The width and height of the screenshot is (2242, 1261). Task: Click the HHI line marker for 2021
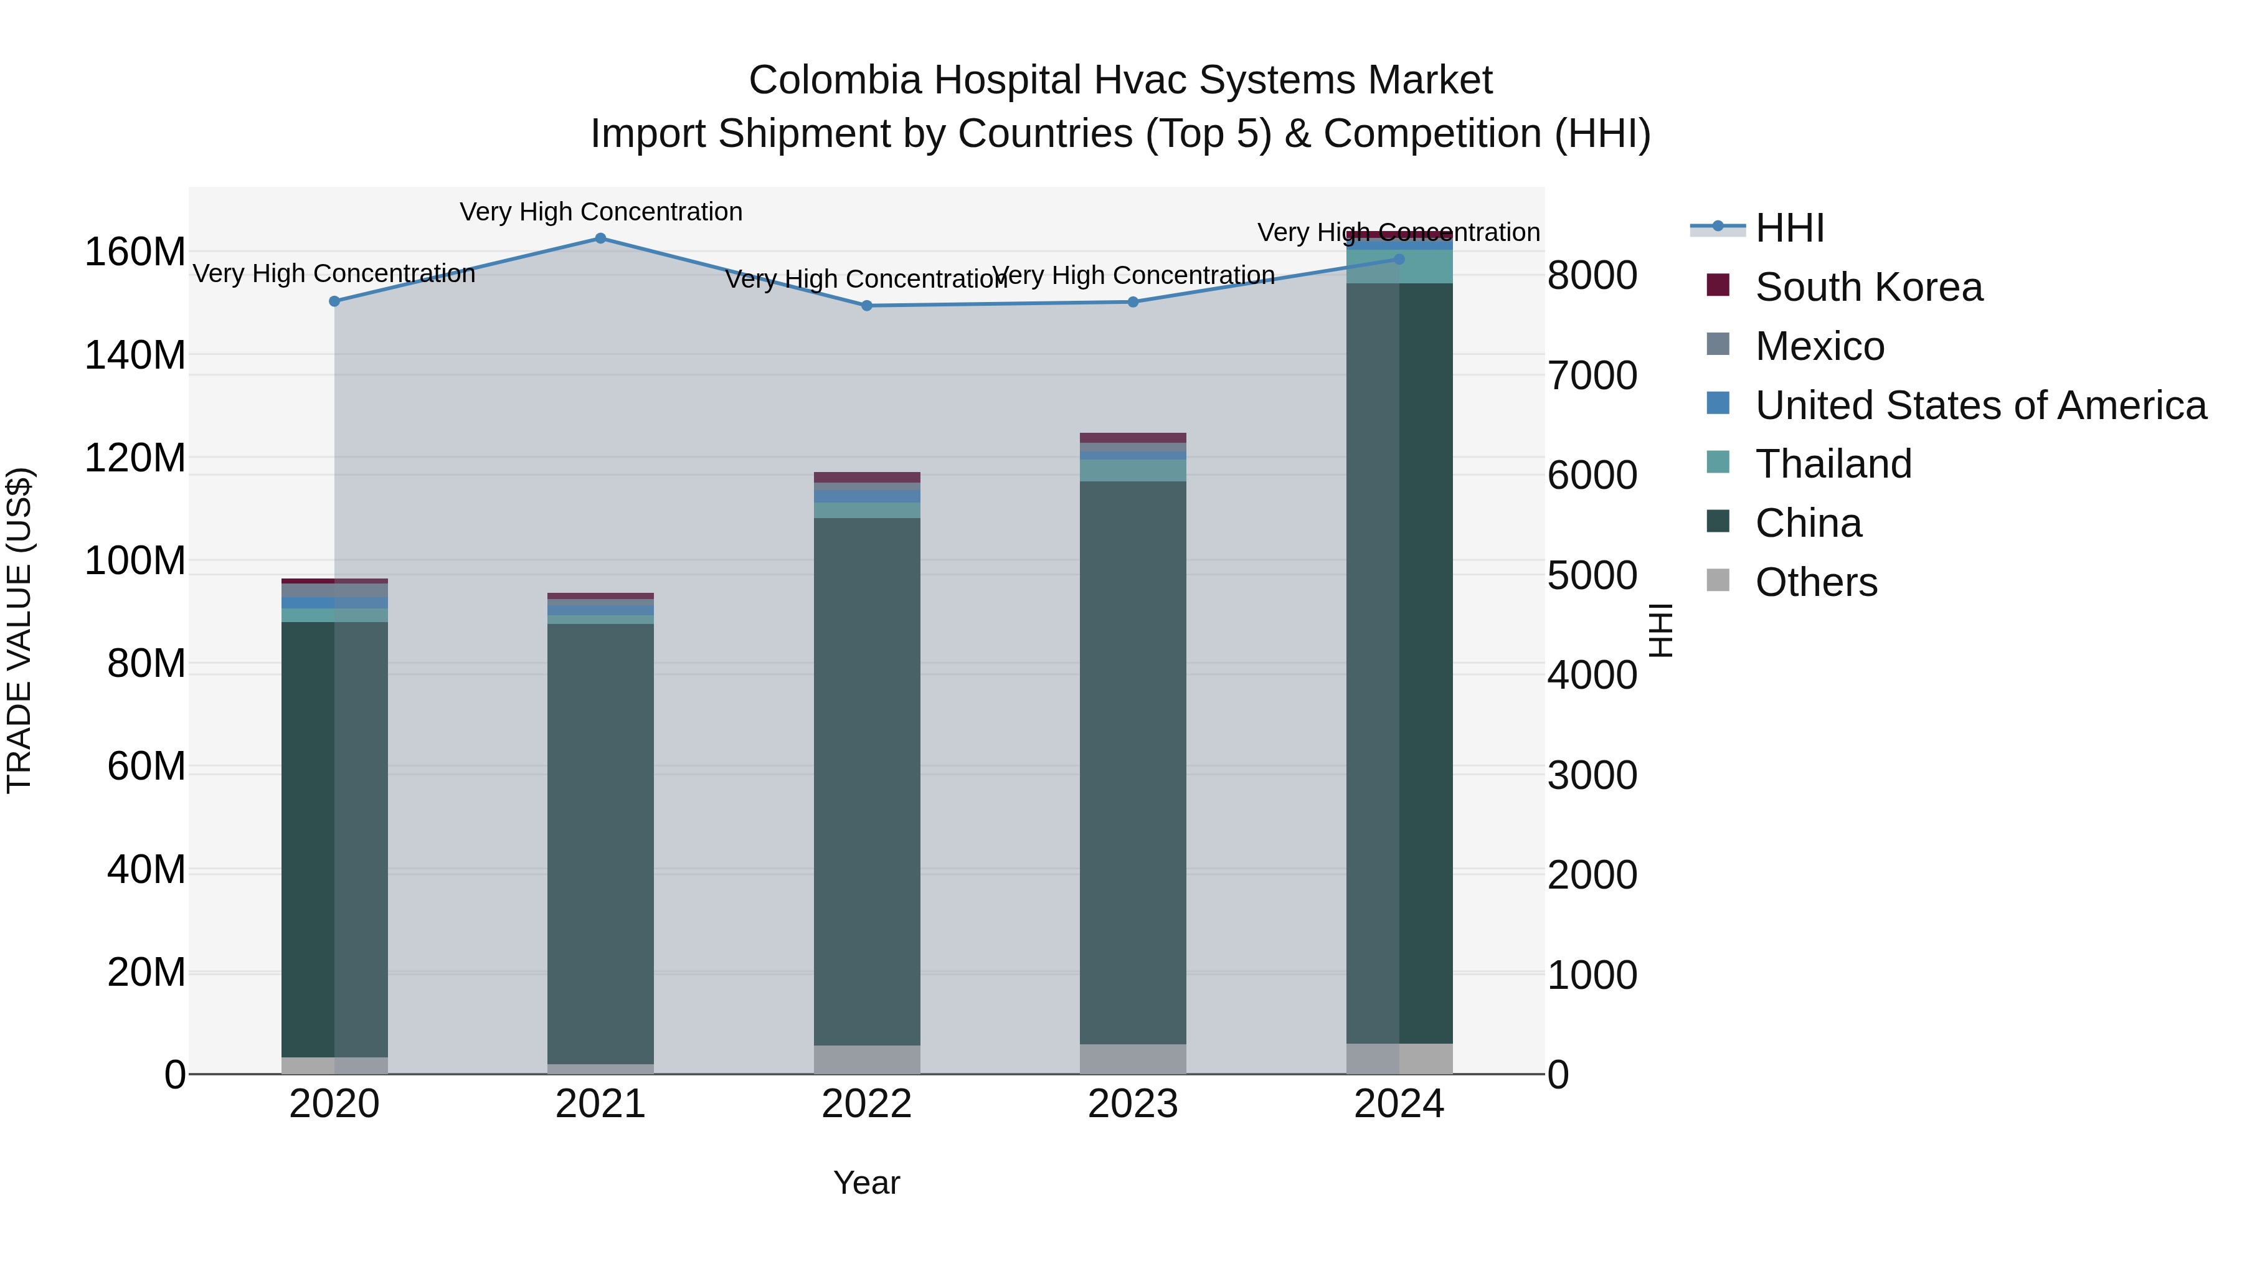point(600,239)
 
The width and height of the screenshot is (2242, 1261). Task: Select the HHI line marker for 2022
point(867,306)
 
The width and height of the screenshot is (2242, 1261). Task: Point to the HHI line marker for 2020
point(334,301)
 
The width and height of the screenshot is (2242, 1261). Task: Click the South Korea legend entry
point(1868,287)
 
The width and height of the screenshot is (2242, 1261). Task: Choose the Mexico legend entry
point(1820,346)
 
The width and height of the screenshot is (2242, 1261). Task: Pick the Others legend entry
point(1817,582)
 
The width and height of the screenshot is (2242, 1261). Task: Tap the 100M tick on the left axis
point(135,560)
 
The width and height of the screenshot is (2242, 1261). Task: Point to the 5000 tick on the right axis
point(1592,575)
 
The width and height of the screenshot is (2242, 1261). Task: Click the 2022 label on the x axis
point(867,1104)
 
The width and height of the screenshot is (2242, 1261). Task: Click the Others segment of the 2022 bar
point(867,1059)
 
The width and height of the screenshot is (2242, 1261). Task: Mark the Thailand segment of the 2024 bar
point(1399,267)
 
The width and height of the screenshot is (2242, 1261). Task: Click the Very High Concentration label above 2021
point(600,212)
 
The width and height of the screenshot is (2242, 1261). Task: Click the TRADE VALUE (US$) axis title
point(19,630)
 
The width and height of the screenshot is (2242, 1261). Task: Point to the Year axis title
point(867,1183)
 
